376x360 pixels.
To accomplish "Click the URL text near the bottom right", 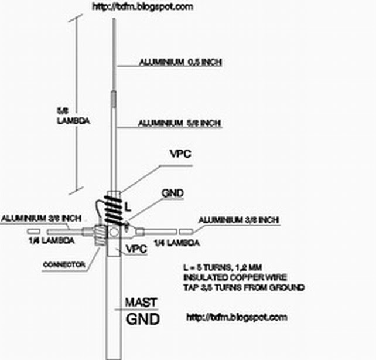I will click(x=237, y=317).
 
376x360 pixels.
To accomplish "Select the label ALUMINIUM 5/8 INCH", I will click(x=180, y=124).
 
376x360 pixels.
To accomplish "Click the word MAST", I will click(x=142, y=303).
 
